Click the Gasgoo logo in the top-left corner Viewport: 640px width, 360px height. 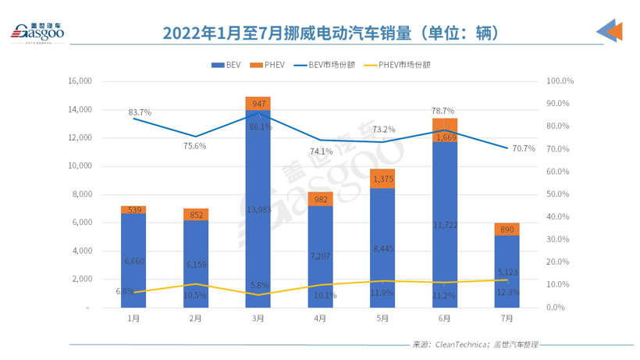[36, 31]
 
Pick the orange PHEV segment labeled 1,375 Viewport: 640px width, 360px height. [382, 179]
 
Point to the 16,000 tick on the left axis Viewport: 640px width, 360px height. [81, 81]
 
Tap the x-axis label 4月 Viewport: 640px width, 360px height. [320, 319]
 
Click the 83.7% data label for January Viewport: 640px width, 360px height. [140, 112]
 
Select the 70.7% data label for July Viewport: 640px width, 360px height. [524, 148]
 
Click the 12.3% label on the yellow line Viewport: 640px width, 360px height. [508, 291]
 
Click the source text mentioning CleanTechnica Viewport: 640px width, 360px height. [475, 344]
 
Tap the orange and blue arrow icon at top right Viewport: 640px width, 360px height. [609, 31]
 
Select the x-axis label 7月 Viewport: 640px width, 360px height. [507, 319]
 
